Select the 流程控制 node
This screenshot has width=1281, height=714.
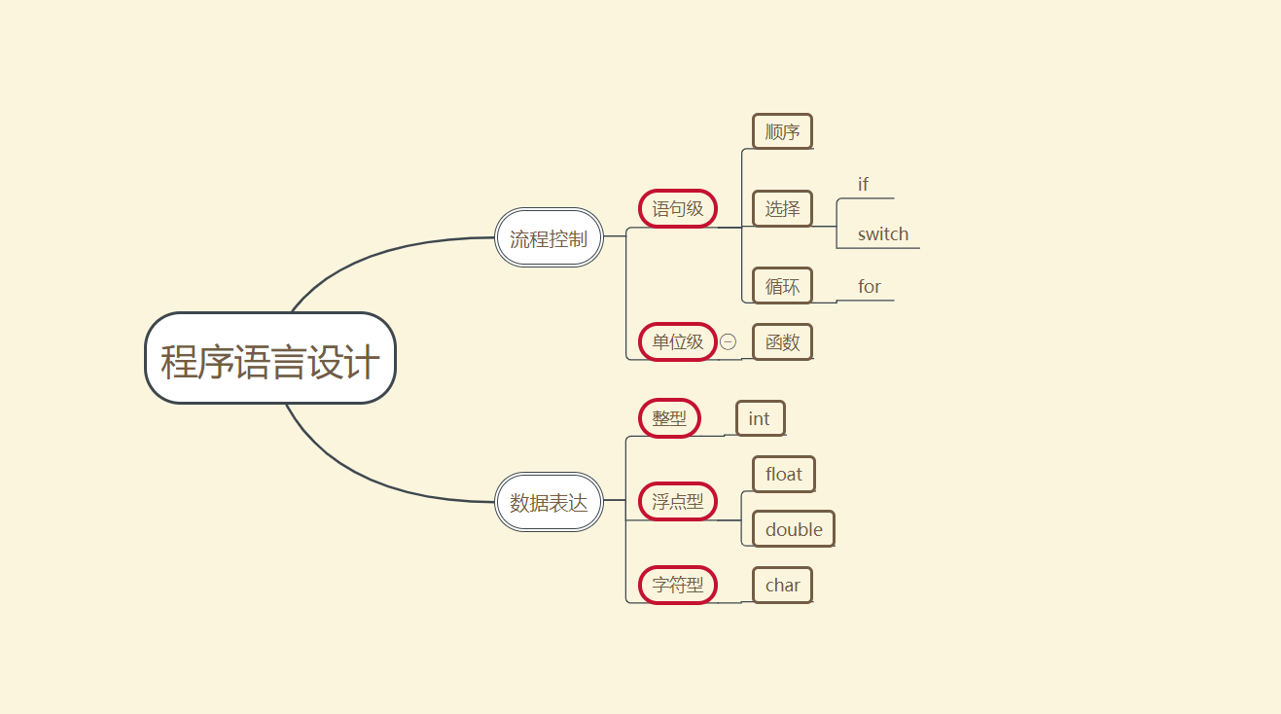pyautogui.click(x=550, y=237)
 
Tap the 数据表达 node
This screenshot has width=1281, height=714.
pyautogui.click(x=550, y=502)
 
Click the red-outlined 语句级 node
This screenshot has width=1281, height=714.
pyautogui.click(x=678, y=208)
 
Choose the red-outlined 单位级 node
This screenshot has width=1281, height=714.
pyautogui.click(x=678, y=341)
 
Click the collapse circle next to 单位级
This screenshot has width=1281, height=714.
pyautogui.click(x=729, y=341)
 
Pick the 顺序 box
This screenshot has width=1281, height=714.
pyautogui.click(x=782, y=131)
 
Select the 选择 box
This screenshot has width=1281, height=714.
pyautogui.click(x=782, y=208)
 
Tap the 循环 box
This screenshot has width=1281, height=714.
pyautogui.click(x=782, y=286)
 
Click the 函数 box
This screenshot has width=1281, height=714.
pyautogui.click(x=782, y=341)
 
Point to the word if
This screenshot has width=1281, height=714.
pyautogui.click(x=863, y=184)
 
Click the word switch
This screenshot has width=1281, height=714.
pyautogui.click(x=882, y=233)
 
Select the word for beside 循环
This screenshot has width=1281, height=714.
pyautogui.click(x=869, y=286)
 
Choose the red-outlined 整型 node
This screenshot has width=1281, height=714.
pyautogui.click(x=669, y=418)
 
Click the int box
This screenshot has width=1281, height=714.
pyautogui.click(x=760, y=418)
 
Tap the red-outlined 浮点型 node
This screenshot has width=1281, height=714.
pyautogui.click(x=678, y=502)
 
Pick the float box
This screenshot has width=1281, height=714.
pyautogui.click(x=783, y=474)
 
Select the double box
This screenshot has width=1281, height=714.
pyautogui.click(x=794, y=529)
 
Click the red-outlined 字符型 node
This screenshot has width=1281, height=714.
pyautogui.click(x=678, y=585)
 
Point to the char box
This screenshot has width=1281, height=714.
pyautogui.click(x=782, y=585)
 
